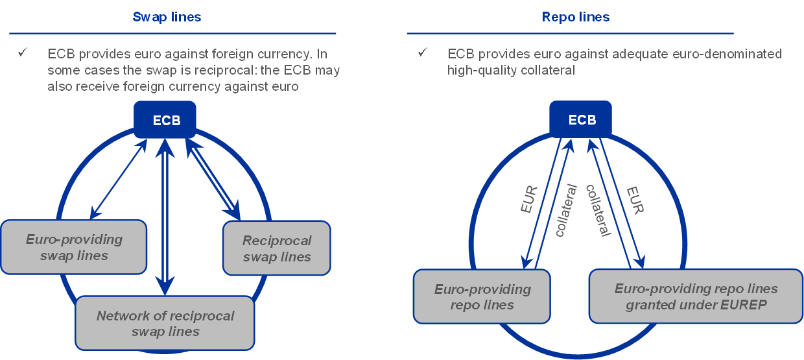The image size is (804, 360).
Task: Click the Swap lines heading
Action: click(167, 17)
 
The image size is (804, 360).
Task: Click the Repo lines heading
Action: click(576, 17)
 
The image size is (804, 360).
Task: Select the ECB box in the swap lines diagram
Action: click(166, 120)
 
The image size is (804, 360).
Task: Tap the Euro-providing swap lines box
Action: click(74, 247)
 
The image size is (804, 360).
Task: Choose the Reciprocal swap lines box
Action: click(277, 248)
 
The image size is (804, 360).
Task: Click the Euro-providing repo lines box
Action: click(482, 296)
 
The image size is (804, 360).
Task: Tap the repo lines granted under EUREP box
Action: click(696, 296)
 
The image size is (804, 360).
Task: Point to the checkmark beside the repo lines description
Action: click(423, 53)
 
